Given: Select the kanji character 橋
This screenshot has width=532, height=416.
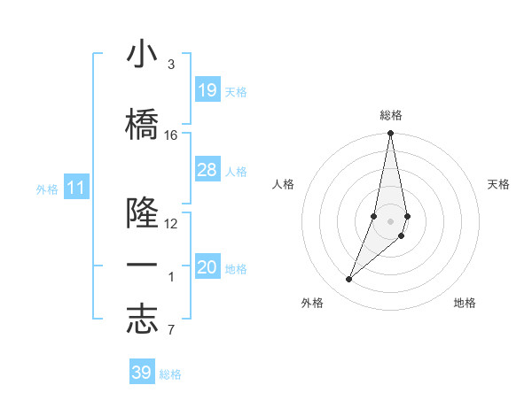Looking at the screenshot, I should [x=142, y=125].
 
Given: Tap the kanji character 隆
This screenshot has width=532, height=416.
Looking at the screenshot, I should [x=142, y=213].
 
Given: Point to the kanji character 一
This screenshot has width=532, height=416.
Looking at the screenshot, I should [x=142, y=266].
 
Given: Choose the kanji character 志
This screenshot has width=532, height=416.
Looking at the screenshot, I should [x=142, y=320].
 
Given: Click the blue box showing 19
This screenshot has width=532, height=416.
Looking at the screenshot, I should [x=207, y=89].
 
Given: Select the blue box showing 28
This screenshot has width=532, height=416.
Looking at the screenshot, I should [x=207, y=170].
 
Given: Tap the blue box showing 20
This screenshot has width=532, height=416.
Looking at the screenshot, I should [x=207, y=267].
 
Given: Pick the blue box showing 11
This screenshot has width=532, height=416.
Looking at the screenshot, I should [x=75, y=188].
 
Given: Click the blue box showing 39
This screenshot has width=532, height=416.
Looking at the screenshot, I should [x=142, y=373].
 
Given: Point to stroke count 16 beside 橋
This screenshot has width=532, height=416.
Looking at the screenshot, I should [x=171, y=135].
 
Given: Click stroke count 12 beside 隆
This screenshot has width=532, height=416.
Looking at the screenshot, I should [x=171, y=223].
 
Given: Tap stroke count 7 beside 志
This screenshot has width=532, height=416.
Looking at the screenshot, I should [x=171, y=331].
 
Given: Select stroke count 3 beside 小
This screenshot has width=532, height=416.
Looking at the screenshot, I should [x=171, y=65].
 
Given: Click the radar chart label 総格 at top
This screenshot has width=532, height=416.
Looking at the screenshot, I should [x=391, y=115].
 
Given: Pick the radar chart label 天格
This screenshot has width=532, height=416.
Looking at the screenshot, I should [x=499, y=184].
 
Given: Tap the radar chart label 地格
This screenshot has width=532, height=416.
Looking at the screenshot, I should [x=465, y=303].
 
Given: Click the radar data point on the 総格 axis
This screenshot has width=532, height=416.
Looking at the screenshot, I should [x=390, y=134].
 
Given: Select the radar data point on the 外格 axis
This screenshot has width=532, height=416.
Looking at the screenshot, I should [x=348, y=280].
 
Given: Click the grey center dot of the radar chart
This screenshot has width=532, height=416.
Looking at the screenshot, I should [x=390, y=220].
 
